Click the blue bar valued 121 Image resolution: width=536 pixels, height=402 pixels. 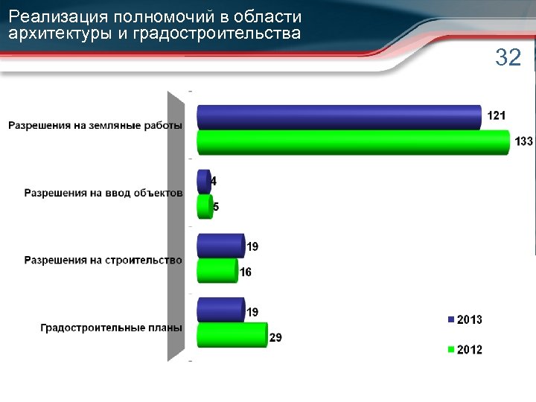coord(339,117)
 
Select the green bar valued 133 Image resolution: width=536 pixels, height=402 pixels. coord(353,142)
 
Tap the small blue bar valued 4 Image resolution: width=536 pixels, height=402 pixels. coord(202,182)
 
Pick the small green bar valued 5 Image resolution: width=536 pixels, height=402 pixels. coord(204,207)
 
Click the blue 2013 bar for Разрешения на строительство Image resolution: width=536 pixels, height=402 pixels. coord(220,246)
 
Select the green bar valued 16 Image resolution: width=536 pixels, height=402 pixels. coord(217,271)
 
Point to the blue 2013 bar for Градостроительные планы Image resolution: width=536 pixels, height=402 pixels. coord(220,310)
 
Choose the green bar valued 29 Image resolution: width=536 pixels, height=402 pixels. coord(231,335)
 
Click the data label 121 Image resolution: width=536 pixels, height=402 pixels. coord(497,115)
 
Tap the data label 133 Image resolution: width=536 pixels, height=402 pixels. coord(523,141)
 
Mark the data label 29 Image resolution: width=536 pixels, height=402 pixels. coord(275,338)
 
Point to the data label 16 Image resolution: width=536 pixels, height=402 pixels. coord(245,273)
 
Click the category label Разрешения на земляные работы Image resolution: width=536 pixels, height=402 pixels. coord(95,125)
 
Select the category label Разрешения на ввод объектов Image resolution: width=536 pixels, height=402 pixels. coord(103,193)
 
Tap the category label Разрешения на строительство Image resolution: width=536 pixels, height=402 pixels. coord(103,261)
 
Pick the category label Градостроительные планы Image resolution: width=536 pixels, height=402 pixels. coord(111,328)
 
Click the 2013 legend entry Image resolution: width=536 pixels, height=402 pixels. coord(465,320)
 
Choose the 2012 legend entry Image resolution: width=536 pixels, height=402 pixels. coord(465,350)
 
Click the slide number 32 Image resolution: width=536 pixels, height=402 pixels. coord(508,58)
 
